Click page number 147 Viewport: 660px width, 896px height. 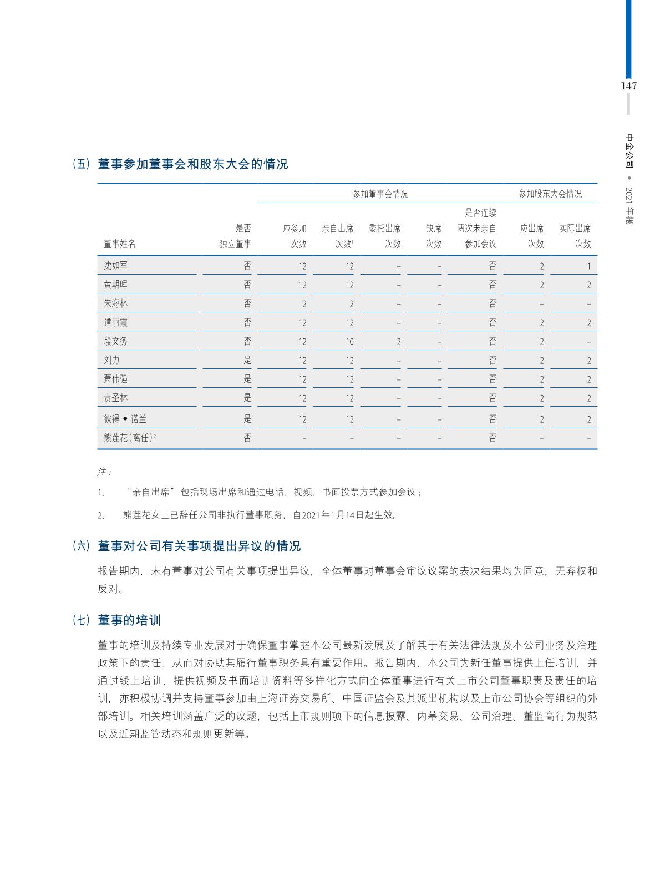[x=628, y=86]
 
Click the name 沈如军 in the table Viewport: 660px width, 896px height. [x=115, y=266]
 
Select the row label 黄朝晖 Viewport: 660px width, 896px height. [x=115, y=285]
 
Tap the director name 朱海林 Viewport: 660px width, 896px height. [x=115, y=303]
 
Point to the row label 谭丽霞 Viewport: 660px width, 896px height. [x=115, y=322]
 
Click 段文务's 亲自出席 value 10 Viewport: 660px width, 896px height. [x=349, y=342]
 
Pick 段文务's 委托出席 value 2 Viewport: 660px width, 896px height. [x=398, y=342]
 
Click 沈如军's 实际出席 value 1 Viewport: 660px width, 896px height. [x=588, y=266]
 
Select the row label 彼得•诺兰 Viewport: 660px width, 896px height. [x=125, y=419]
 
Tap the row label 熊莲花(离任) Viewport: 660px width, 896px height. [x=129, y=438]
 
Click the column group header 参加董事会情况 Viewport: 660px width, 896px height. [x=380, y=194]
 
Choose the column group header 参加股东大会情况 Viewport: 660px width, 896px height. [x=550, y=194]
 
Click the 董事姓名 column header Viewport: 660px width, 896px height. [x=119, y=244]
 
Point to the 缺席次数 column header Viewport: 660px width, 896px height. [x=433, y=236]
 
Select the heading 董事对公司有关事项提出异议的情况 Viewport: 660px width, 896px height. [x=199, y=546]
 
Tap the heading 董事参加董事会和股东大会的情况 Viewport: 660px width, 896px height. [x=192, y=164]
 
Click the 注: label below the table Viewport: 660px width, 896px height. [x=104, y=472]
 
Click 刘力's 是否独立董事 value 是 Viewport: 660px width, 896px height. [x=247, y=360]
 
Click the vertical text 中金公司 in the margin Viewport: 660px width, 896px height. [x=629, y=151]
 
